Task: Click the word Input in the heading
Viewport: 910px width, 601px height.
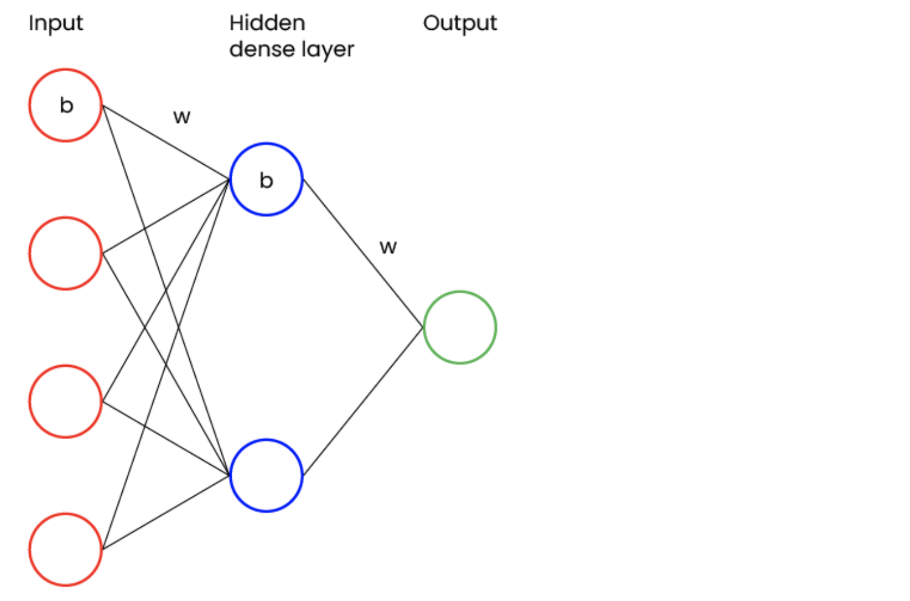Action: click(x=55, y=24)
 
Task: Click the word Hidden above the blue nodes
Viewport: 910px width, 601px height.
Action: click(x=267, y=23)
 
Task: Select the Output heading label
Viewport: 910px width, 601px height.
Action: click(x=460, y=23)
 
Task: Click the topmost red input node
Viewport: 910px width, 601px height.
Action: click(x=65, y=105)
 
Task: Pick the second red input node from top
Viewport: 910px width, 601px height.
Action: click(x=65, y=253)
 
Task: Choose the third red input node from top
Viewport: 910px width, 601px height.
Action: click(x=65, y=401)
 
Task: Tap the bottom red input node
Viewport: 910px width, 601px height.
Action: click(x=65, y=549)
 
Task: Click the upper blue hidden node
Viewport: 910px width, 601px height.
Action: click(x=266, y=179)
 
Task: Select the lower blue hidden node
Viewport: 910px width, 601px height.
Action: click(x=266, y=475)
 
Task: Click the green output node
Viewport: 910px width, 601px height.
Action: click(x=460, y=327)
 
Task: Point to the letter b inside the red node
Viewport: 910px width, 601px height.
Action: click(x=66, y=105)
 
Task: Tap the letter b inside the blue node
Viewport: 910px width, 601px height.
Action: click(x=266, y=180)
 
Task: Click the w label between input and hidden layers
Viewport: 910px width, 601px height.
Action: click(x=182, y=117)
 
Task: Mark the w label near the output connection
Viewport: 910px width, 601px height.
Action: click(x=388, y=247)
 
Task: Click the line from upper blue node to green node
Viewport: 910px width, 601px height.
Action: click(x=363, y=253)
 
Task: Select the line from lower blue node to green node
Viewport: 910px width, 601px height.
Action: click(x=363, y=401)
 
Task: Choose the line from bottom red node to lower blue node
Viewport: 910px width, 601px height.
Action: click(x=165, y=512)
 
